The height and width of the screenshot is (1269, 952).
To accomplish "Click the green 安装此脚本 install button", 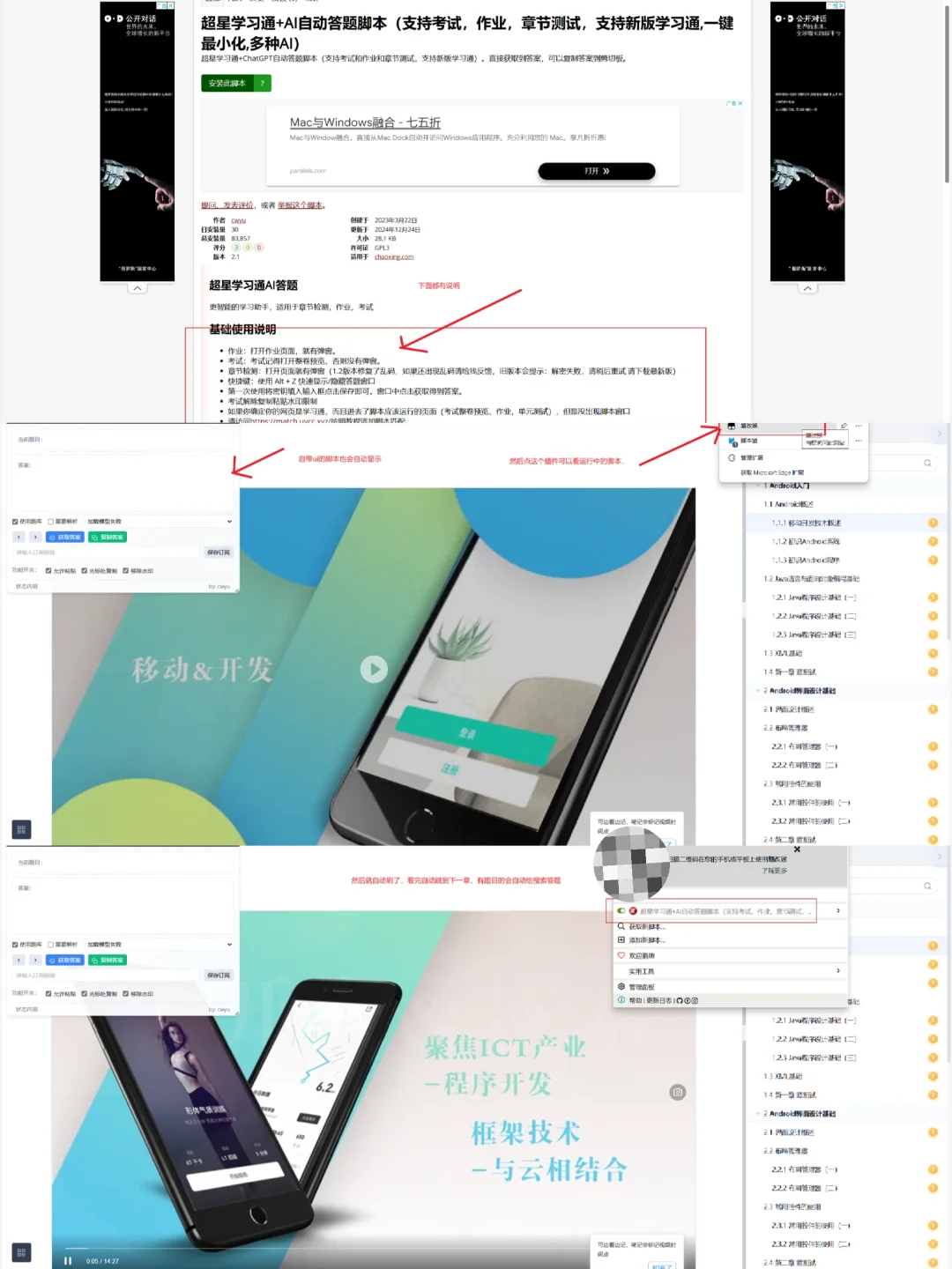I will tap(227, 83).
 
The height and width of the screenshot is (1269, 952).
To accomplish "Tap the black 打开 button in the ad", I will tap(596, 171).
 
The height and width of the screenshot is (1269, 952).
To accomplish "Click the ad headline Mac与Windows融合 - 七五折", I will tap(365, 122).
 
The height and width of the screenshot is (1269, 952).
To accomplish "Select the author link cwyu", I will tap(238, 220).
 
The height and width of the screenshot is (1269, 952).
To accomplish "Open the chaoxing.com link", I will tap(394, 257).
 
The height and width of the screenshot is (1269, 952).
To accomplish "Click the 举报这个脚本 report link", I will tap(301, 205).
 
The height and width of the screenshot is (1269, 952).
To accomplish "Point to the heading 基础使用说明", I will tap(242, 330).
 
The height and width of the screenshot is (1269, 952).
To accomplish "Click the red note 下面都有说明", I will tap(438, 286).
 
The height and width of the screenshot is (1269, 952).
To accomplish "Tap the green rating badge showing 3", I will tap(236, 248).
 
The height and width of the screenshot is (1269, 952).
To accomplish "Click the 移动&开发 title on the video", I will tap(203, 670).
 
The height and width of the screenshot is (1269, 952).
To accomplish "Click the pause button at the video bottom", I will tap(68, 1261).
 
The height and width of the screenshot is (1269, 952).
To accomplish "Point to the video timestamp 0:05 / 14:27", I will tap(102, 1261).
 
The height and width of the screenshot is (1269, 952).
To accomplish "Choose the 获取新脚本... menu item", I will tap(647, 926).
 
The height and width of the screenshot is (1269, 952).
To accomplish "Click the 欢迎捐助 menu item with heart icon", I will tap(642, 955).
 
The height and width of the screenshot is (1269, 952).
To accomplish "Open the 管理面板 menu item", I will tap(642, 987).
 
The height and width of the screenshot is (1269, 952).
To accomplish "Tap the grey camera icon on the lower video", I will tap(677, 1093).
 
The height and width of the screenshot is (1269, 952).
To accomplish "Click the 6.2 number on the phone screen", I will tap(325, 1087).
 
